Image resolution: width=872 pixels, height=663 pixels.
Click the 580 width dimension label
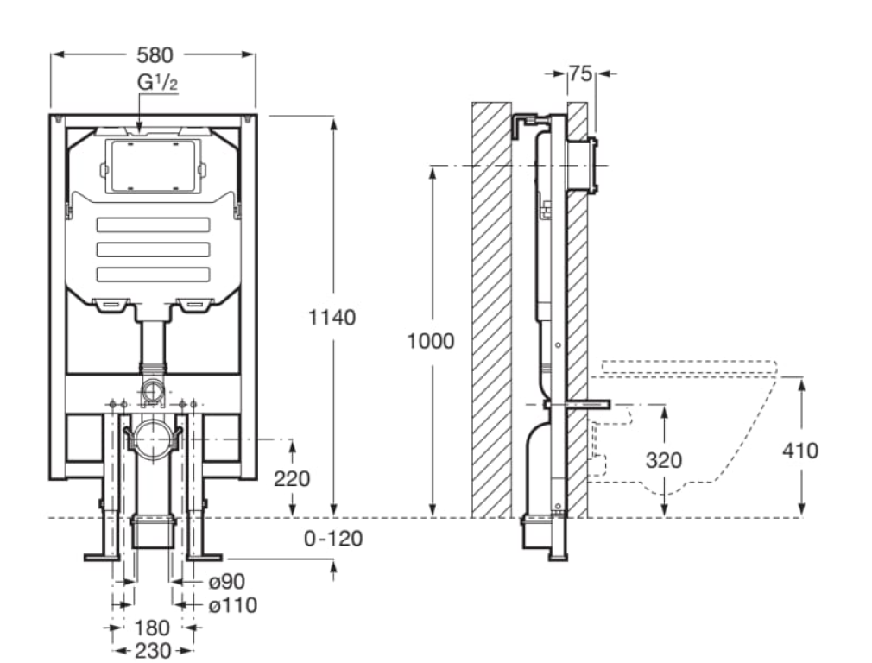155,55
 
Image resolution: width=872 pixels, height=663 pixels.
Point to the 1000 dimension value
431,340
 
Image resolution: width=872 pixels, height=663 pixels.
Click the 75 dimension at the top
581,74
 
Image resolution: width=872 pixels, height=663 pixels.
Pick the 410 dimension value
800,450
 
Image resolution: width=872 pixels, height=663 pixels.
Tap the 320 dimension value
664,459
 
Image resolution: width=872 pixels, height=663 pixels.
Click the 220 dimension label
292,478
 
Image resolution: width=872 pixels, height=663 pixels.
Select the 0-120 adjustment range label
333,539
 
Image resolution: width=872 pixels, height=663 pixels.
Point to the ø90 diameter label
226,584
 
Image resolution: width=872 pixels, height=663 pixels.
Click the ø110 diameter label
232,605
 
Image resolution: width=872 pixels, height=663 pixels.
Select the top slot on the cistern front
153,226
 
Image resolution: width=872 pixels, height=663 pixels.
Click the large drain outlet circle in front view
153,438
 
